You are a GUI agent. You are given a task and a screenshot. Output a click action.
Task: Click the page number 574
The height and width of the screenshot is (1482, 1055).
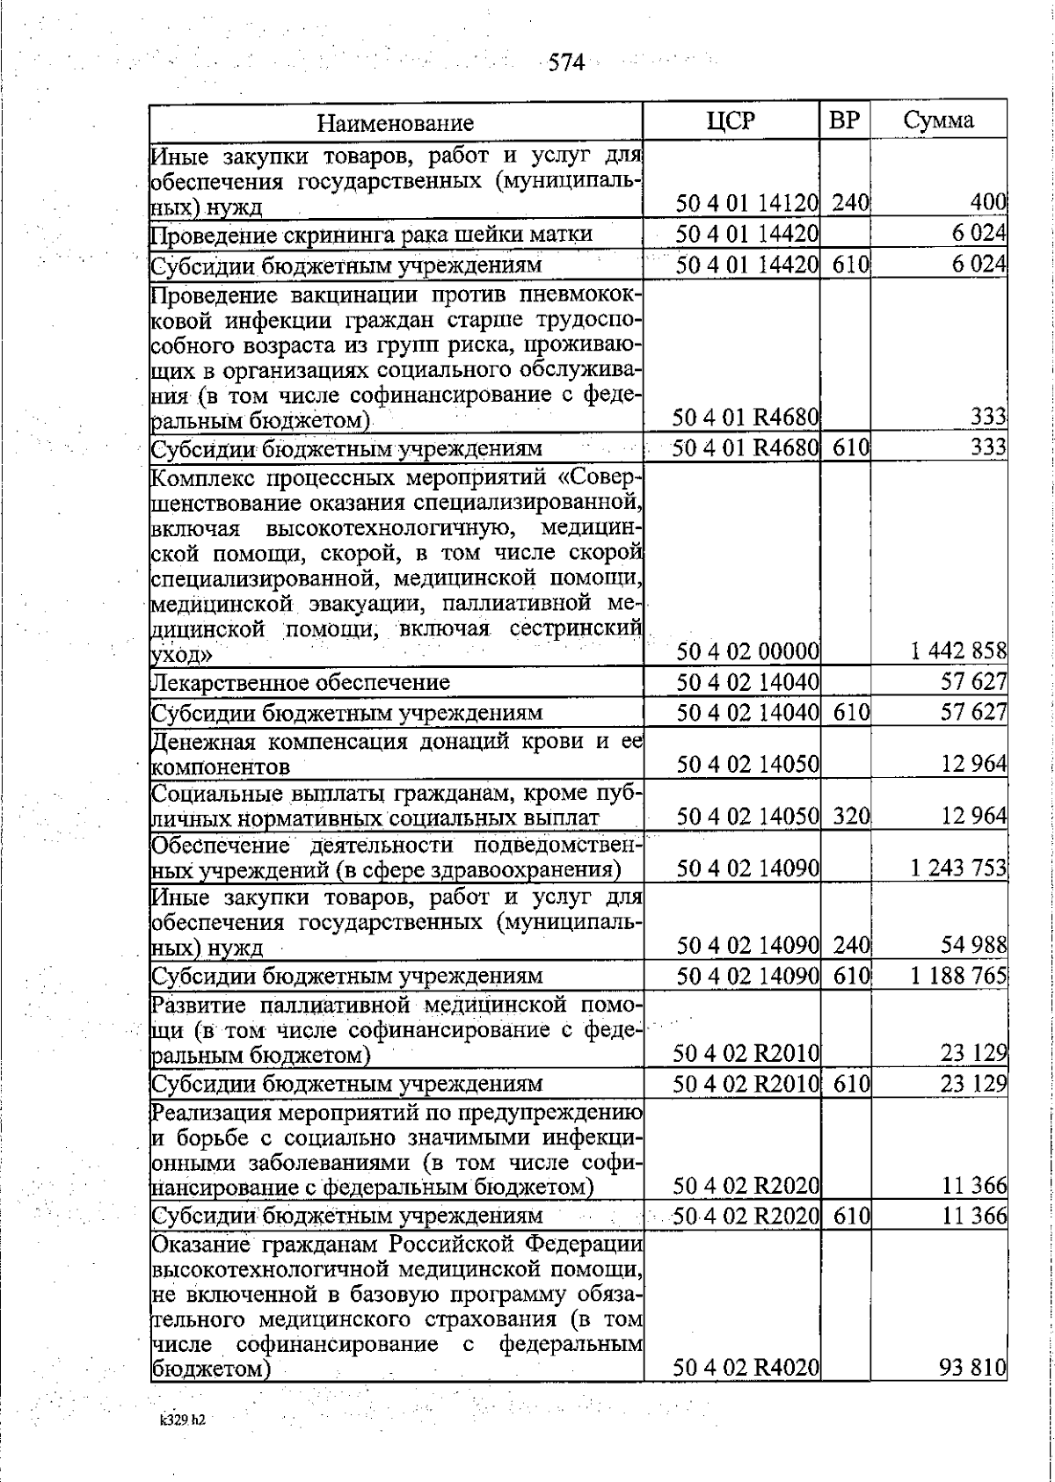pyautogui.click(x=565, y=62)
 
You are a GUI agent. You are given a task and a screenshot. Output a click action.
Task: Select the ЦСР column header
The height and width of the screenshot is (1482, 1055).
pyautogui.click(x=731, y=120)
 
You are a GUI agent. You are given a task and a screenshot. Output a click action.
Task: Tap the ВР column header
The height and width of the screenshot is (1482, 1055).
pyautogui.click(x=844, y=120)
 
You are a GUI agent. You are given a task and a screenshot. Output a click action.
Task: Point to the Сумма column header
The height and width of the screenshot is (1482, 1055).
pyautogui.click(x=938, y=120)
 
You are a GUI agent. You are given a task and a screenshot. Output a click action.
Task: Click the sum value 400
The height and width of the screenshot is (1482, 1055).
pyautogui.click(x=987, y=203)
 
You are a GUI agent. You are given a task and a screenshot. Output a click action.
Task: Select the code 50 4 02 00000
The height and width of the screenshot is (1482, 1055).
pyautogui.click(x=747, y=652)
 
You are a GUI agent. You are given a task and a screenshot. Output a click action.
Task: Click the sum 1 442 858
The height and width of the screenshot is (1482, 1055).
pyautogui.click(x=958, y=652)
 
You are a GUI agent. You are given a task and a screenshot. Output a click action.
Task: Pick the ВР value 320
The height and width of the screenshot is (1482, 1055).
pyautogui.click(x=850, y=817)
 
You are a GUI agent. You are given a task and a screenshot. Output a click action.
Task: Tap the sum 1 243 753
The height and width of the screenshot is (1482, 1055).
pyautogui.click(x=958, y=868)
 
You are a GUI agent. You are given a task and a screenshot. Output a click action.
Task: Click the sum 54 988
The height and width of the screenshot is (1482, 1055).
pyautogui.click(x=973, y=946)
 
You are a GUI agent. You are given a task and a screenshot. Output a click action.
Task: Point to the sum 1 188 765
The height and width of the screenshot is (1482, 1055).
pyautogui.click(x=958, y=976)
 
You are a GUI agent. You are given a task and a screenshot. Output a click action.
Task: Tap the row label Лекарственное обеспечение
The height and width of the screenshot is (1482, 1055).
pyautogui.click(x=301, y=682)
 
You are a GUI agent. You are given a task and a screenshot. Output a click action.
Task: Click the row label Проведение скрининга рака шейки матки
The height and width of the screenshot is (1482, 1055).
pyautogui.click(x=372, y=235)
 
